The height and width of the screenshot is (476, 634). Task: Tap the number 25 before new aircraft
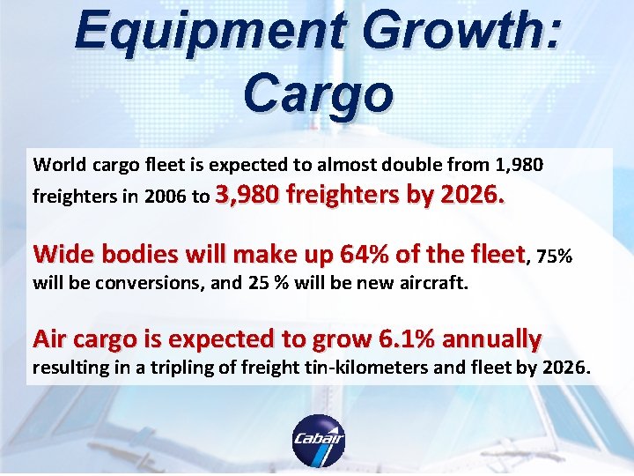tap(258, 284)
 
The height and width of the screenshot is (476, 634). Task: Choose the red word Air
tap(49, 338)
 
